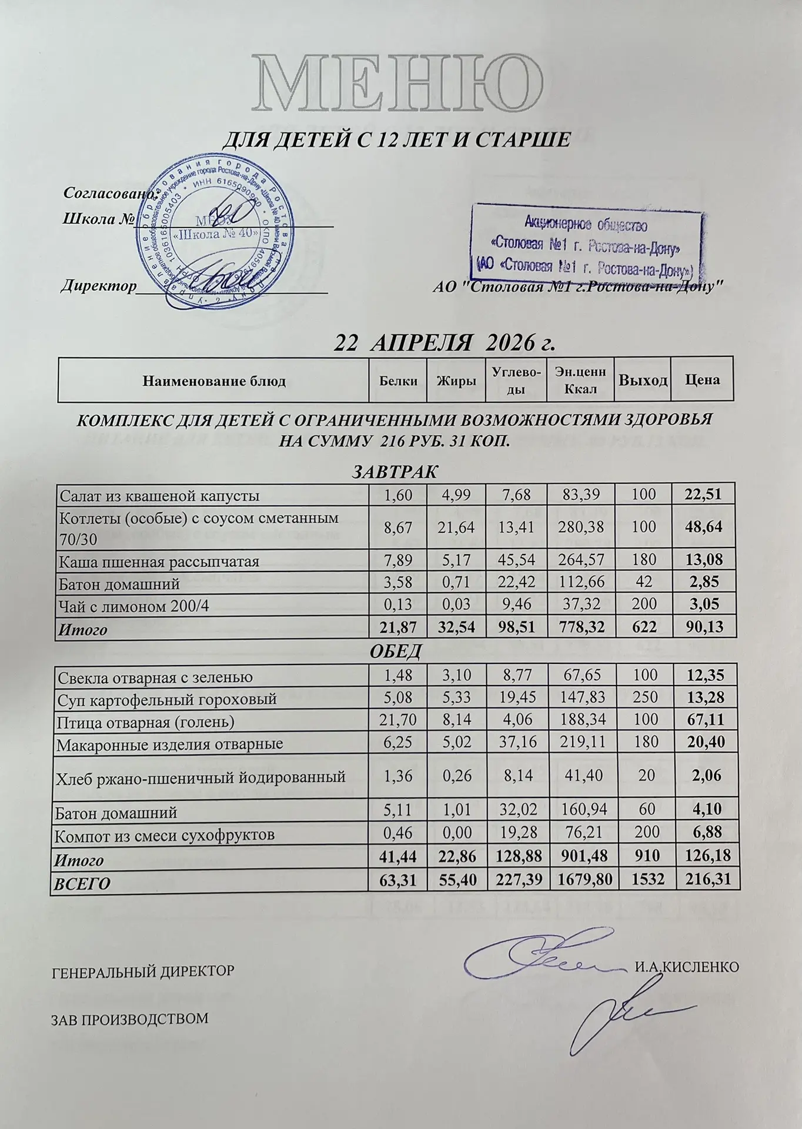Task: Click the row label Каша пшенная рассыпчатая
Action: pyautogui.click(x=159, y=562)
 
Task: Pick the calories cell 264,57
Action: pyautogui.click(x=580, y=562)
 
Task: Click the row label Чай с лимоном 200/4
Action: pyautogui.click(x=134, y=606)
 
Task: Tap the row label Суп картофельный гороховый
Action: pyautogui.click(x=167, y=700)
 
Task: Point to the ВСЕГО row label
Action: pyautogui.click(x=82, y=883)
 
